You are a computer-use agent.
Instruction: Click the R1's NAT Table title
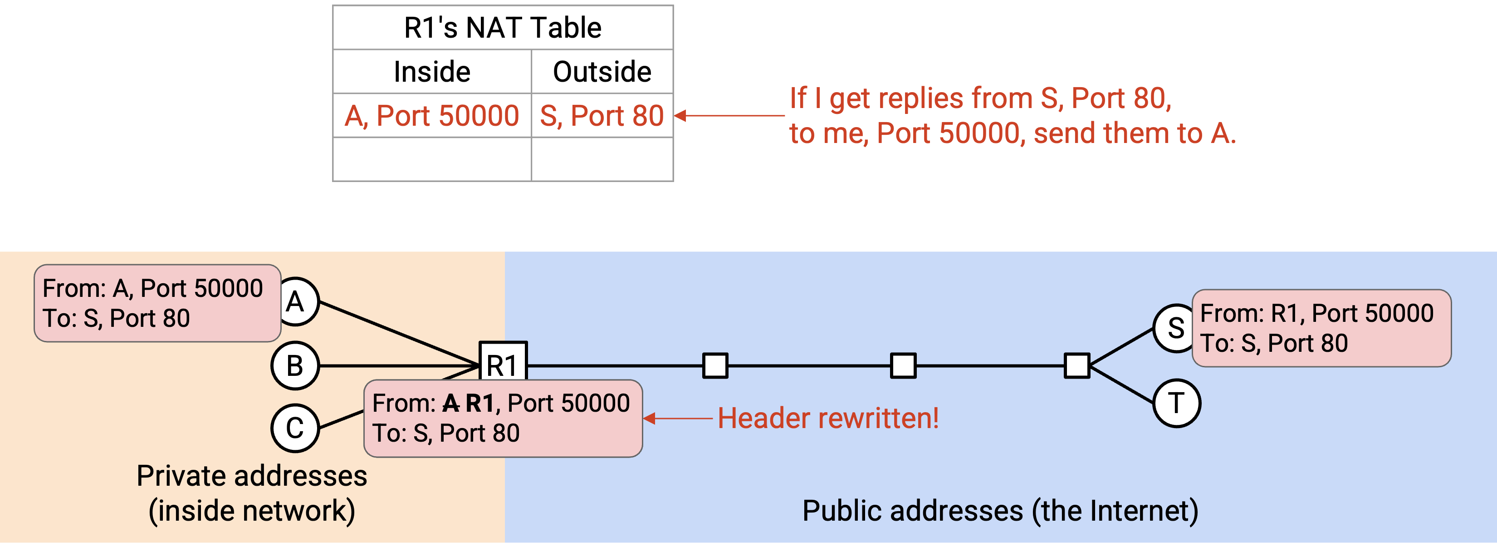(503, 28)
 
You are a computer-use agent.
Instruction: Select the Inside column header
(432, 72)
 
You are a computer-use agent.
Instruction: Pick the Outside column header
(602, 72)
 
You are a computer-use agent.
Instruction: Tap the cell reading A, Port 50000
(432, 116)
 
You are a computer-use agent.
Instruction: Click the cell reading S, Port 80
(602, 116)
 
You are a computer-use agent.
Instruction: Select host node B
(295, 365)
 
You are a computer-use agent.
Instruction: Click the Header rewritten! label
(828, 419)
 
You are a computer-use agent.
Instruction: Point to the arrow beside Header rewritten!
(678, 419)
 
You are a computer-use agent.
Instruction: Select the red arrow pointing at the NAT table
(729, 116)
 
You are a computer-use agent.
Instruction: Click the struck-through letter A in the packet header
(451, 403)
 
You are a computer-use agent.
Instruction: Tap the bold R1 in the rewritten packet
(480, 403)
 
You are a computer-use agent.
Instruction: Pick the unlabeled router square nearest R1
(715, 365)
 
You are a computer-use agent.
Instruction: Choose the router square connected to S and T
(1077, 365)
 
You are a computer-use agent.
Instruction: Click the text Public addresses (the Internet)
(1000, 511)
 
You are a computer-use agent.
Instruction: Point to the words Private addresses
(252, 476)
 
